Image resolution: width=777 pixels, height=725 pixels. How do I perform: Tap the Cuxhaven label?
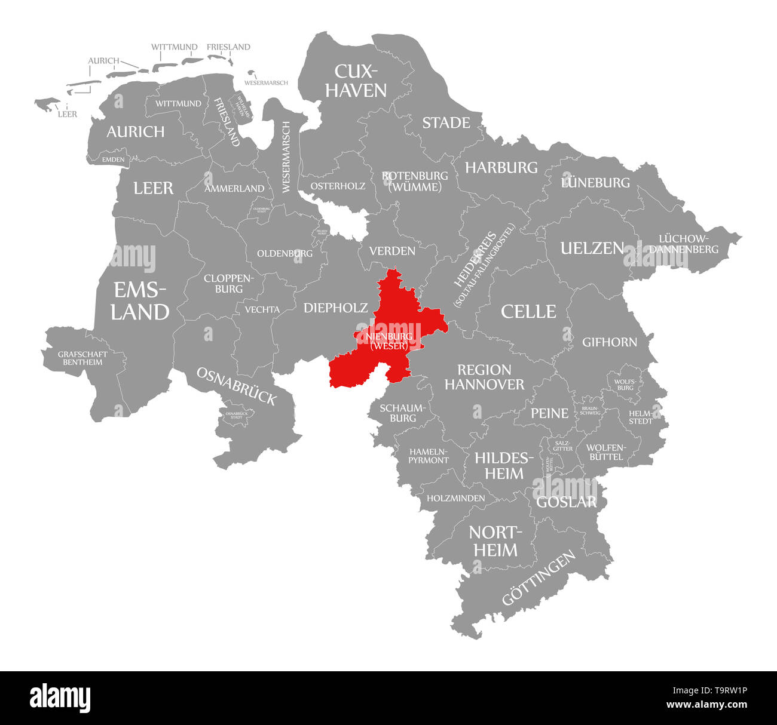pyautogui.click(x=360, y=81)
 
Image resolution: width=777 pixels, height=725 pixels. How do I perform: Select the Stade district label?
pyautogui.click(x=446, y=123)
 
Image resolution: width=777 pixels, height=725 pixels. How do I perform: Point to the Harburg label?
pyautogui.click(x=501, y=168)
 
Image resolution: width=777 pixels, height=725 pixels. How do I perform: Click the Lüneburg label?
pyautogui.click(x=595, y=182)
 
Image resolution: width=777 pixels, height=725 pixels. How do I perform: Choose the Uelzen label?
pyautogui.click(x=592, y=248)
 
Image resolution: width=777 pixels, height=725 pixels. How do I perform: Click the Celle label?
pyautogui.click(x=528, y=311)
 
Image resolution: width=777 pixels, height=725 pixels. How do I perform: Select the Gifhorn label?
pyautogui.click(x=610, y=342)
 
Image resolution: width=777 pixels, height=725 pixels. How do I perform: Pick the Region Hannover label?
pyautogui.click(x=484, y=377)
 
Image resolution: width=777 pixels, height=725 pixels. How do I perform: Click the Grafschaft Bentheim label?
pyautogui.click(x=83, y=358)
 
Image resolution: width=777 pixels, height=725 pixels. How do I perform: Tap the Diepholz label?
pyautogui.click(x=335, y=308)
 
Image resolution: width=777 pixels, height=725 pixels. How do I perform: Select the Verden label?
pyautogui.click(x=392, y=251)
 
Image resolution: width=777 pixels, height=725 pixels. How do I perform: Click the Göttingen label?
pyautogui.click(x=539, y=577)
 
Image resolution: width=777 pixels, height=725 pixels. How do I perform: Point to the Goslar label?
pyautogui.click(x=566, y=502)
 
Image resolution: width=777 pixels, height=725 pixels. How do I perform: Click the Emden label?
pyautogui.click(x=113, y=159)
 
